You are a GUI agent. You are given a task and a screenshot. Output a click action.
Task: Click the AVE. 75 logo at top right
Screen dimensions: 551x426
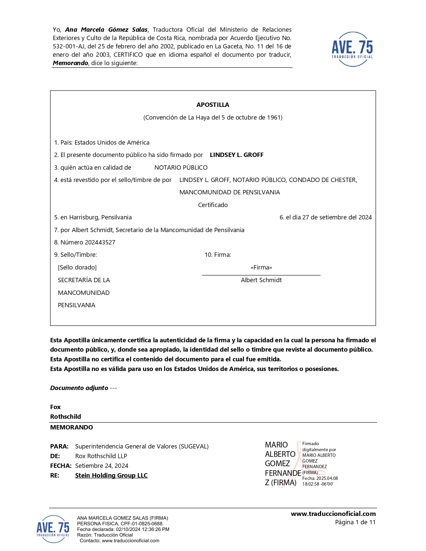point(352,49)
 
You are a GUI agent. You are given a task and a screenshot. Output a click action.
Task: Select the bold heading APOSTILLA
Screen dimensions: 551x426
point(213,105)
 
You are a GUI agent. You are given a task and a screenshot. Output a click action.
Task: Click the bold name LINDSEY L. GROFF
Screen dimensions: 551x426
point(237,155)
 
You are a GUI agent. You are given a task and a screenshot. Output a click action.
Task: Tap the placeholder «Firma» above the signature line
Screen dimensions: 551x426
point(261,267)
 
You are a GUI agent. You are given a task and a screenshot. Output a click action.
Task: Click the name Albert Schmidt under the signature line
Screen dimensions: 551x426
point(261,280)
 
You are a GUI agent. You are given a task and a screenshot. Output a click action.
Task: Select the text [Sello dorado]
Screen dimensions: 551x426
point(77,267)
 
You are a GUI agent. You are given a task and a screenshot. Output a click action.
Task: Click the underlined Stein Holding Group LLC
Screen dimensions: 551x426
point(111,476)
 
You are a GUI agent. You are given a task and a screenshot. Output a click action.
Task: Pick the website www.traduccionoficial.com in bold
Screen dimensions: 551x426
point(333,514)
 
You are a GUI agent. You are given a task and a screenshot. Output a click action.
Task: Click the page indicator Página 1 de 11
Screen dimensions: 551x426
point(355,522)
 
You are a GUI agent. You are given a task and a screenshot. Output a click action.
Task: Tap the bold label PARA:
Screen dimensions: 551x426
point(59,446)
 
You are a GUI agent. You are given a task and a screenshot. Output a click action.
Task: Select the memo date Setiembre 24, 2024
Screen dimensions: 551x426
point(102,466)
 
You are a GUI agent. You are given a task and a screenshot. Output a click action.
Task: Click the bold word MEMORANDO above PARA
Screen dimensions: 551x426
point(72,427)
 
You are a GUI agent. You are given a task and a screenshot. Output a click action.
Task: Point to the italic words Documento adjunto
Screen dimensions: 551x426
point(79,388)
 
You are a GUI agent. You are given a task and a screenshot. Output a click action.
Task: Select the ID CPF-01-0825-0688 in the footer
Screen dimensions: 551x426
point(142,524)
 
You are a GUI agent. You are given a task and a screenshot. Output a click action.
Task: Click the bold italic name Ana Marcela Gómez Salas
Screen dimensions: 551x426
point(106,30)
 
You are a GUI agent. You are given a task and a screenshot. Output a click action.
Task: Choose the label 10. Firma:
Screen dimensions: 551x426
point(218,255)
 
